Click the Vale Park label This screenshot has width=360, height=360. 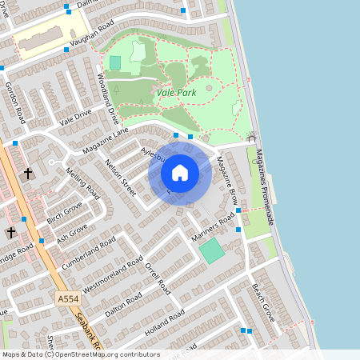click(177, 94)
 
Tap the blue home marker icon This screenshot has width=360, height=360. click(180, 173)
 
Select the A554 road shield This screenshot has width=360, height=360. click(68, 298)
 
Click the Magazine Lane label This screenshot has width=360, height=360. click(104, 141)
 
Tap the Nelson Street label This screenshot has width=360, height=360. click(120, 176)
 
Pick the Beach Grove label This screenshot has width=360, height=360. click(262, 302)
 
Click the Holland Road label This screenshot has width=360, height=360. click(164, 322)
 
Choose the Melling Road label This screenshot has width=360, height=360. click(83, 183)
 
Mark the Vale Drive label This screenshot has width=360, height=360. click(77, 118)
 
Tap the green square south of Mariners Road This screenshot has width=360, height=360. click(212, 251)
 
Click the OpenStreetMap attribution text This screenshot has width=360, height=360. click(80, 354)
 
